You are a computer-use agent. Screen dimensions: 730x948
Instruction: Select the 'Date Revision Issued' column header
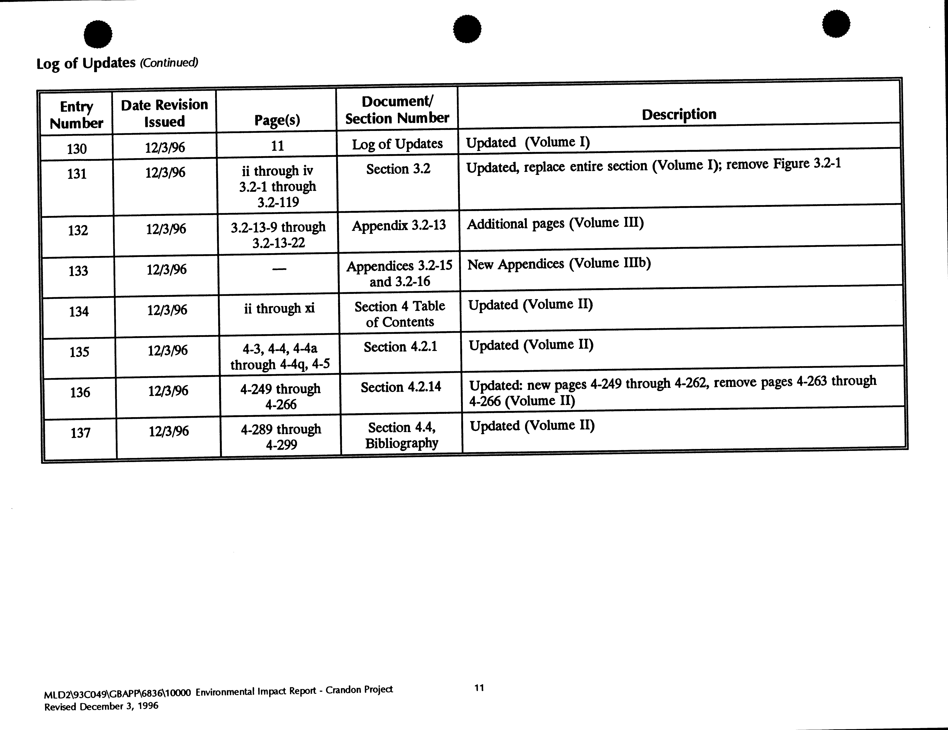point(165,113)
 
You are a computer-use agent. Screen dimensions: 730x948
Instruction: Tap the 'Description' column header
point(679,114)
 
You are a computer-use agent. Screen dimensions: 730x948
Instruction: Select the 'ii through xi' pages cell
point(279,308)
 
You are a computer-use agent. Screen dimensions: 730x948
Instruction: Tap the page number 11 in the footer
point(479,688)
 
